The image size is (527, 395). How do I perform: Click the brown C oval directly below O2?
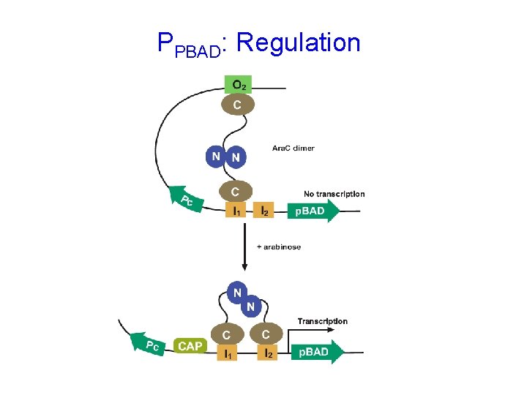point(238,105)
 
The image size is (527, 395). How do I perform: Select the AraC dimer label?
point(293,148)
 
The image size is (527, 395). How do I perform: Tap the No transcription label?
point(334,194)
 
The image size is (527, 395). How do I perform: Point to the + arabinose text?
point(278,247)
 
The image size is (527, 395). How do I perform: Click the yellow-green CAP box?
point(190,346)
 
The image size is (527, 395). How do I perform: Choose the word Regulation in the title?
point(299,42)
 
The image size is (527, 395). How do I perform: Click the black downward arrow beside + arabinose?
point(243,249)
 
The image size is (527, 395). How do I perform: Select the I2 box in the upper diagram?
point(263,211)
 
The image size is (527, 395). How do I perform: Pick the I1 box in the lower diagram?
point(228,353)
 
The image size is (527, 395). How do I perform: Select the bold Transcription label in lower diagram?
point(322,321)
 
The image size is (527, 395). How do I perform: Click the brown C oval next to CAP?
point(228,334)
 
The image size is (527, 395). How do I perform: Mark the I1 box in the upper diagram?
point(235,211)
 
